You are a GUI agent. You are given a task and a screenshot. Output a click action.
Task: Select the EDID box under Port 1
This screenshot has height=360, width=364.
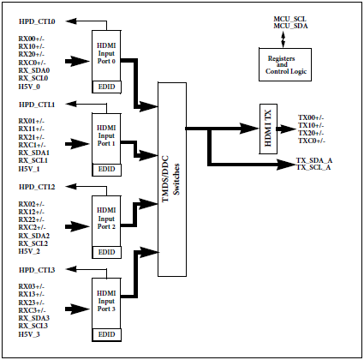107,170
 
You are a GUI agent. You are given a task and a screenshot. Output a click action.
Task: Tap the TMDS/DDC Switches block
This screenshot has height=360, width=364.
172,179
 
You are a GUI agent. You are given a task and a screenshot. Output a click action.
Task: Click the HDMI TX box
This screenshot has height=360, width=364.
268,129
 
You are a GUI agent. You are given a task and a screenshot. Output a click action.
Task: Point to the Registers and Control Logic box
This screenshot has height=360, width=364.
285,64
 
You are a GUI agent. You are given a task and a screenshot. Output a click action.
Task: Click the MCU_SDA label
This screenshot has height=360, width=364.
290,26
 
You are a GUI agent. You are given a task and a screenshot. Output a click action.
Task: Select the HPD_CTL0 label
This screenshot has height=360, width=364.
37,21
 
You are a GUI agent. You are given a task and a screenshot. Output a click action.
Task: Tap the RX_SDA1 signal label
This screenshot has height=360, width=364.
34,153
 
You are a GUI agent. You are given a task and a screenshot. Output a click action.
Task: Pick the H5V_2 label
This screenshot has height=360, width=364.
29,251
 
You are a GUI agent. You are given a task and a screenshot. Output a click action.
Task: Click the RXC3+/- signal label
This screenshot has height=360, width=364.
33,310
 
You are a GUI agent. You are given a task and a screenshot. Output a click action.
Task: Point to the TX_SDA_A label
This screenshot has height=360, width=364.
314,160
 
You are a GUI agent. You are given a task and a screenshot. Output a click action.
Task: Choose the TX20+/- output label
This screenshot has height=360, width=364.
311,133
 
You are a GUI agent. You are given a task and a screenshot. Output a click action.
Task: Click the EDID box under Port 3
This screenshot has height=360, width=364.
107,335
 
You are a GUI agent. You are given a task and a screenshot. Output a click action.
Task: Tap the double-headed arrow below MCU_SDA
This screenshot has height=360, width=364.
283,39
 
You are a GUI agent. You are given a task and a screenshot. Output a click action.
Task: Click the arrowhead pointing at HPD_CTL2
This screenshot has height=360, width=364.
71,187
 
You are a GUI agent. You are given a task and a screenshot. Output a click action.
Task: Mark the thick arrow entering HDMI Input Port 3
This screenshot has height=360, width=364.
77,309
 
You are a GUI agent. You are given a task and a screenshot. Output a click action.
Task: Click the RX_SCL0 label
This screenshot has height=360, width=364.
33,78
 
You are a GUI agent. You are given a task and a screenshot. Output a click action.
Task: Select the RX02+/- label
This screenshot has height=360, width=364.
32,204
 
